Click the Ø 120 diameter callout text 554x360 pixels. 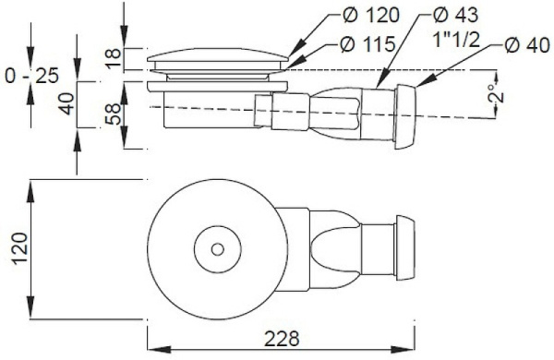click(x=371, y=15)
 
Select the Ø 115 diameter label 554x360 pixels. click(x=367, y=44)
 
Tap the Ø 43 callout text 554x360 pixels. click(x=456, y=15)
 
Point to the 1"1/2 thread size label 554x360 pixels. click(x=456, y=40)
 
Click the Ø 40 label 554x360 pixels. click(x=527, y=45)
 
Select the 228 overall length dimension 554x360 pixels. click(x=282, y=339)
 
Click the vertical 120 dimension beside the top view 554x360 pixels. click(x=19, y=248)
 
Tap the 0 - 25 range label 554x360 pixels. click(x=31, y=76)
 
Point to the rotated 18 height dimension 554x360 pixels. click(x=113, y=58)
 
